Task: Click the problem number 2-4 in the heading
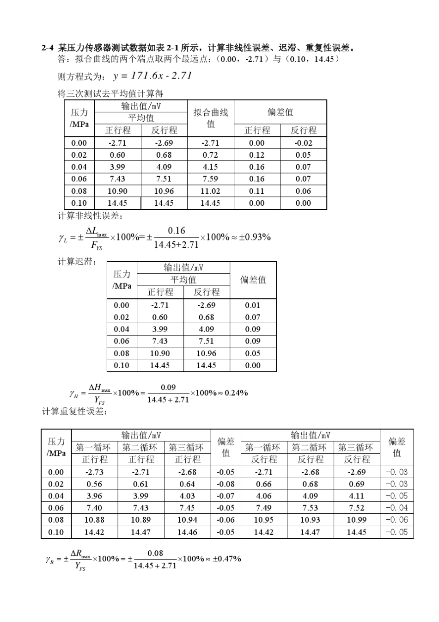(47, 48)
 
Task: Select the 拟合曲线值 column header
(210, 118)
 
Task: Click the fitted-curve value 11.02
(210, 191)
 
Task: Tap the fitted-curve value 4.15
(210, 167)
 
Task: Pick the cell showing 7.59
(210, 179)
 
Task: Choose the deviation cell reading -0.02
(303, 143)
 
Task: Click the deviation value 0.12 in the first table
(256, 155)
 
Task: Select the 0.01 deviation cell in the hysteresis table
(253, 305)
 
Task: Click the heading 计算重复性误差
(74, 412)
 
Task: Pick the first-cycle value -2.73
(94, 472)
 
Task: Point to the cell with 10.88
(94, 520)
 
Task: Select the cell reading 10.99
(356, 520)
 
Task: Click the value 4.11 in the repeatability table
(356, 496)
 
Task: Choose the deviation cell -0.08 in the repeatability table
(226, 484)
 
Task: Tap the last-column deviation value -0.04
(396, 508)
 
